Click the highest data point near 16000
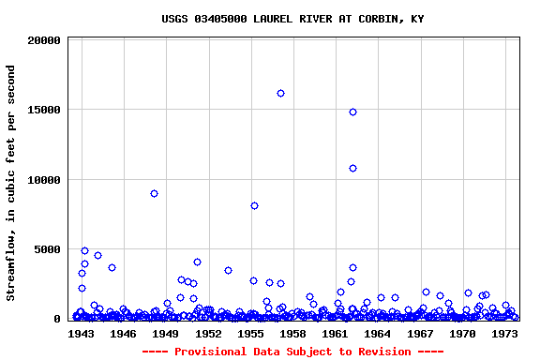(280, 93)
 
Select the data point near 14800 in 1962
(352, 112)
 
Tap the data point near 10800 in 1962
(352, 168)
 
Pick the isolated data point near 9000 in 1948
(154, 193)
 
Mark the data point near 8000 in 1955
(254, 205)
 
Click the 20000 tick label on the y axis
(45, 40)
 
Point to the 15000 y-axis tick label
(45, 110)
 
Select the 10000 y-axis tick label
(45, 180)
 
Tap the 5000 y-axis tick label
(48, 249)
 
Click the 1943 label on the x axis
(82, 333)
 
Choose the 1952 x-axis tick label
(208, 333)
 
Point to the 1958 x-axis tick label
(292, 333)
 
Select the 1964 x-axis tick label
(377, 333)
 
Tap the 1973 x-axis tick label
(504, 333)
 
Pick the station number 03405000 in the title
(220, 19)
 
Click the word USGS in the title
(174, 19)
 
